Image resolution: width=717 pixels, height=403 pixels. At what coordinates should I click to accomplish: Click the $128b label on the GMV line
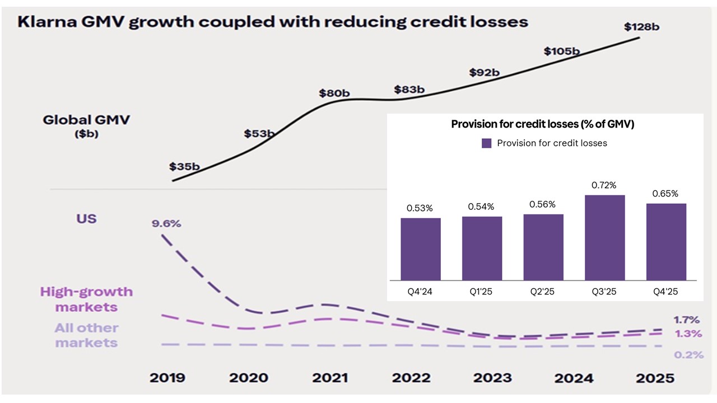point(642,26)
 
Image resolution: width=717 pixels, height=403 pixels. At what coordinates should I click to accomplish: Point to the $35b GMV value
point(184,166)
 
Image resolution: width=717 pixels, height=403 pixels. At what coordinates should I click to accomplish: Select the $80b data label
point(334,93)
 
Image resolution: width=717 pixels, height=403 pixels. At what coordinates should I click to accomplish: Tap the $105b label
point(561,51)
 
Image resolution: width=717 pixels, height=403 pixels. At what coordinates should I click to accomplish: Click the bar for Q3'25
point(605,237)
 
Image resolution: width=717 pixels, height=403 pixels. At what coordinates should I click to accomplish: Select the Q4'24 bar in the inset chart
point(421,249)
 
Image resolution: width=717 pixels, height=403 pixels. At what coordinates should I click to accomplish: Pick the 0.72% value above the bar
point(604,185)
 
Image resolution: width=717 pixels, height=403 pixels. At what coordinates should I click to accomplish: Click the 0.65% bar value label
point(665,194)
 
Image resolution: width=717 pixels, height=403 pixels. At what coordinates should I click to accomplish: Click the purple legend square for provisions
point(487,143)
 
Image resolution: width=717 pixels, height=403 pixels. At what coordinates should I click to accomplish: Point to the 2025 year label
point(655,378)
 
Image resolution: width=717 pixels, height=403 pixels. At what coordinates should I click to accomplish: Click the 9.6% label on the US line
point(166,224)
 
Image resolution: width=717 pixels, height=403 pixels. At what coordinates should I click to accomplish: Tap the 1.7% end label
point(687,320)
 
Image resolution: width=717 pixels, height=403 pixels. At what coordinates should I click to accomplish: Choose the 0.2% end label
point(688,355)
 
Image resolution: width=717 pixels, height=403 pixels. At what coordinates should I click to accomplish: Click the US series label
point(87,218)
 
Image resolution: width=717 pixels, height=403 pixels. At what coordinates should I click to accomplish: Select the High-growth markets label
point(86,299)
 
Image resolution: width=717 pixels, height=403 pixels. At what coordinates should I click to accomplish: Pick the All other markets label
point(86,335)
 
